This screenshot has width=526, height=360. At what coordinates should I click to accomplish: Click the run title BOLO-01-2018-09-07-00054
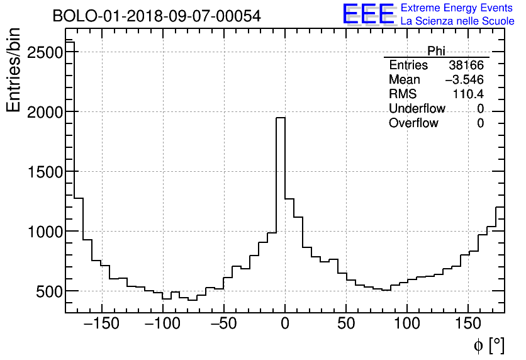coord(156,16)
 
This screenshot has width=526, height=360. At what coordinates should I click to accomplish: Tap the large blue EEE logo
coord(368,14)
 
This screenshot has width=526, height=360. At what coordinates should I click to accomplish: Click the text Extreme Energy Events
coord(456,8)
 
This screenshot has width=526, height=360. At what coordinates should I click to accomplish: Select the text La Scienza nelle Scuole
coord(457,21)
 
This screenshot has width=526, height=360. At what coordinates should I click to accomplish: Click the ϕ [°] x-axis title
coord(489,345)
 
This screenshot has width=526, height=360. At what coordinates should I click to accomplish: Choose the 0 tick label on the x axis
coord(285,325)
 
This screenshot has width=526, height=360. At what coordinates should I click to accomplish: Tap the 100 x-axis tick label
coord(407,325)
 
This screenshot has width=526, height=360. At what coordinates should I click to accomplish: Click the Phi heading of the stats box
coord(436,51)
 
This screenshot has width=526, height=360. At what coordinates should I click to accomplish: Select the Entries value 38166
coord(466,65)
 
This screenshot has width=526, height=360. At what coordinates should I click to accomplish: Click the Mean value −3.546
coord(464,80)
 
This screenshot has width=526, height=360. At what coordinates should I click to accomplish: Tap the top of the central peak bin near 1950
coord(281,118)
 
